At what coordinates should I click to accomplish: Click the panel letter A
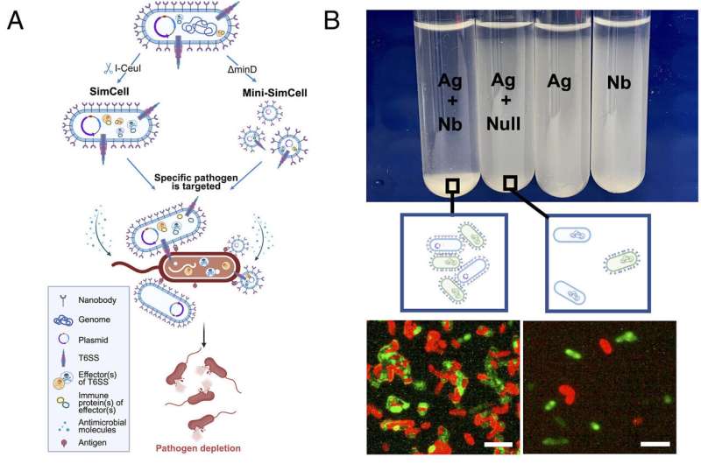(x=15, y=20)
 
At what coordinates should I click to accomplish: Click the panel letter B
(x=331, y=20)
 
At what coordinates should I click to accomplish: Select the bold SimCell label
(x=110, y=92)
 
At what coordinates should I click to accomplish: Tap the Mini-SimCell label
(x=275, y=93)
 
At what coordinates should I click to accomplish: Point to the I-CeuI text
(x=128, y=69)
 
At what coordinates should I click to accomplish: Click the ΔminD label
(x=243, y=69)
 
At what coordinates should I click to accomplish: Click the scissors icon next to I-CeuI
(x=108, y=69)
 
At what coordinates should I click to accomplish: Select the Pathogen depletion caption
(x=198, y=448)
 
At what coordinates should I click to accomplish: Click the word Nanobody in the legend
(x=97, y=300)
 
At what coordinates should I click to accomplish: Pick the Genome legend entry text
(x=95, y=320)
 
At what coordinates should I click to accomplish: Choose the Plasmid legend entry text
(x=93, y=340)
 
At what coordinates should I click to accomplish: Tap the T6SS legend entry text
(x=89, y=358)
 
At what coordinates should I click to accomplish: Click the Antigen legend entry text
(x=92, y=443)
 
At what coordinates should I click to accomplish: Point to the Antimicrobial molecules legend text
(x=103, y=426)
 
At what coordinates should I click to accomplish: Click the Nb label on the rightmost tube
(x=619, y=82)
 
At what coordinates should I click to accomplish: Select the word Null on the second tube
(x=503, y=123)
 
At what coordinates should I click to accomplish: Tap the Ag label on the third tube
(x=559, y=82)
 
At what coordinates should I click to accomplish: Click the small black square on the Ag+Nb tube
(x=452, y=186)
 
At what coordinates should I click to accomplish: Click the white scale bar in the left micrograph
(x=498, y=445)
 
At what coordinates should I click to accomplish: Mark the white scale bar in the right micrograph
(x=655, y=444)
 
